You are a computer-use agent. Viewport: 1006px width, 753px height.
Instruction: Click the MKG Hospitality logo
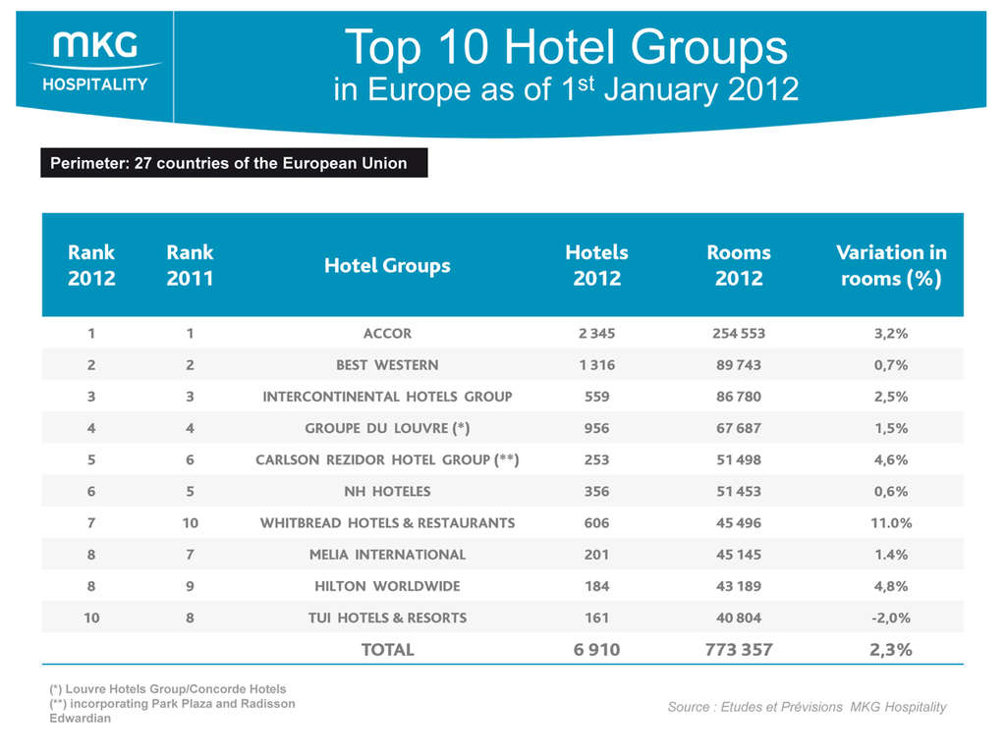[94, 61]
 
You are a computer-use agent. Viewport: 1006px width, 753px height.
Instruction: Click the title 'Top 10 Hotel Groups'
[565, 46]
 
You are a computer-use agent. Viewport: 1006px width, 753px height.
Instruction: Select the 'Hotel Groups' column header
[387, 265]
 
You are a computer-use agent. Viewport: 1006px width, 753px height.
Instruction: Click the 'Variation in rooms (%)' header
[890, 265]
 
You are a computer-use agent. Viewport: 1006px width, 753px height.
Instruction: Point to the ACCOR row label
[387, 333]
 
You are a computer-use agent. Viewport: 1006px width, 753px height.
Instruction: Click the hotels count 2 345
[596, 333]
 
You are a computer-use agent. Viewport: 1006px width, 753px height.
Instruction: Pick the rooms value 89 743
[738, 364]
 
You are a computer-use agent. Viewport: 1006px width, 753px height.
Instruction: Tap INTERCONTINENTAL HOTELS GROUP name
[387, 397]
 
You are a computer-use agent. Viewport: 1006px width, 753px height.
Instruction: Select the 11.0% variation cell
[890, 522]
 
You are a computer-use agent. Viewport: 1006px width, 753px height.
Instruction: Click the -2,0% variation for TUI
[890, 618]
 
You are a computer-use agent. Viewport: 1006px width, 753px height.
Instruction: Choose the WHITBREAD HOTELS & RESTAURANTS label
[387, 522]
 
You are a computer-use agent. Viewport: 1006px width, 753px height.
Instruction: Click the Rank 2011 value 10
[190, 522]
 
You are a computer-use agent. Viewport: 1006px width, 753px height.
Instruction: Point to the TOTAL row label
[387, 649]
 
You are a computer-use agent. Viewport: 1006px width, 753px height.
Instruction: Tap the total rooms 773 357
[738, 649]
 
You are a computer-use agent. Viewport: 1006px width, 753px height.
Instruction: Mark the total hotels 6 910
[596, 649]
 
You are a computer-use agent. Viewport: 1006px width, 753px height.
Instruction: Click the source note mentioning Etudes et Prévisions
[807, 707]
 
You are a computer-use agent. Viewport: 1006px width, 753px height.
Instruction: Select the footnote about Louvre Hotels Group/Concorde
[167, 688]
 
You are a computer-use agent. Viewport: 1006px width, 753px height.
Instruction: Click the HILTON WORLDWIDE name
[387, 586]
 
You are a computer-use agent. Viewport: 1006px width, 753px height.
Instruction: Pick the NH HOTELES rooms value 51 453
[738, 491]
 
